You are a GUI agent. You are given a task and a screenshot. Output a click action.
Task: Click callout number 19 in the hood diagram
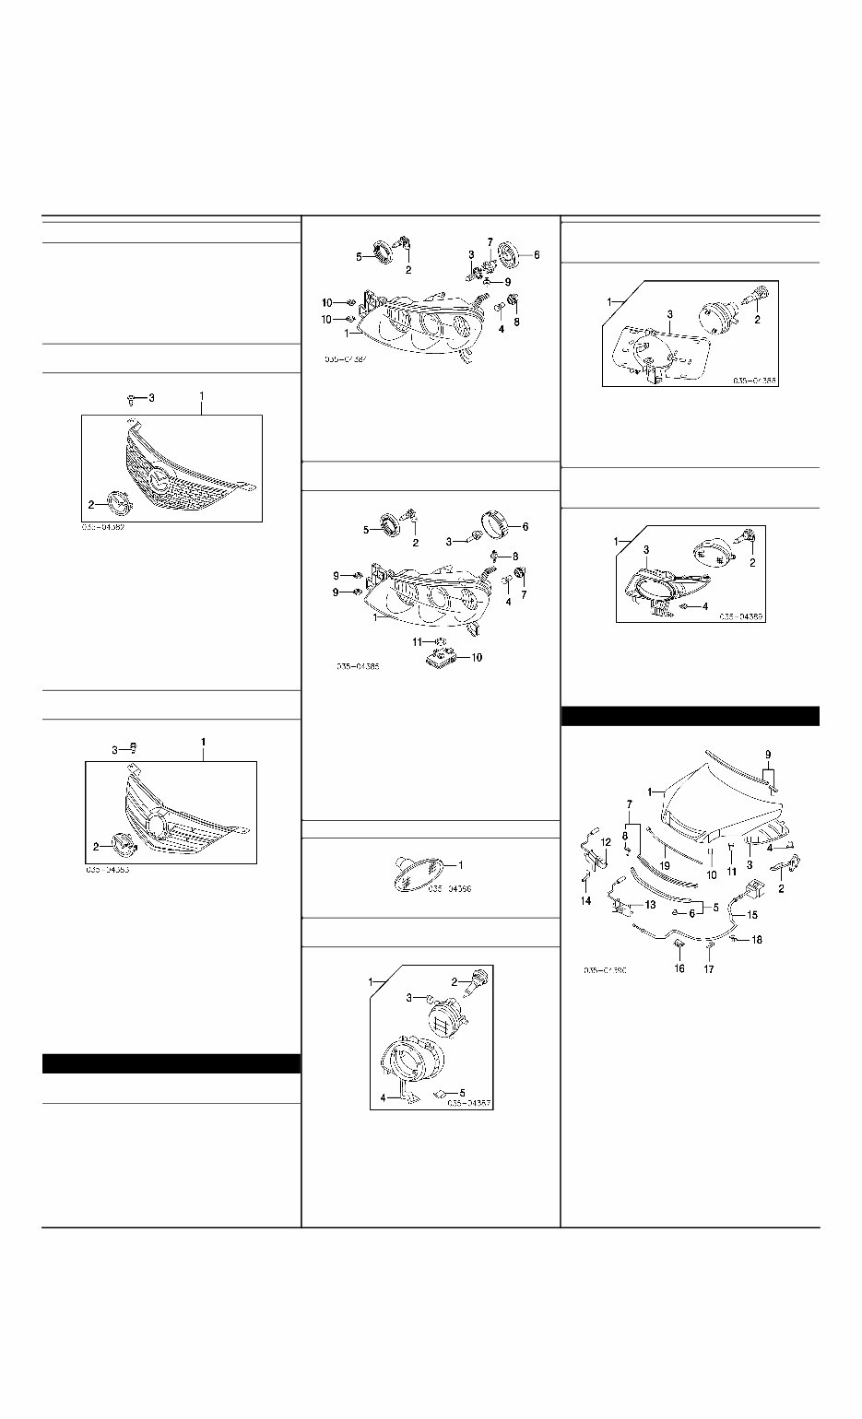pyautogui.click(x=665, y=868)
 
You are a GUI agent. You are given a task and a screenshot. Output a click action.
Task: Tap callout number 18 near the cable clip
pyautogui.click(x=758, y=941)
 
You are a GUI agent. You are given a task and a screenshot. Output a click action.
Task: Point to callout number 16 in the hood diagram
pyautogui.click(x=679, y=969)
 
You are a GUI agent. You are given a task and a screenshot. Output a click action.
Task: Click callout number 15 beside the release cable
pyautogui.click(x=753, y=916)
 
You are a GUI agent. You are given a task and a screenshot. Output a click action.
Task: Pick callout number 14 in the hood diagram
pyautogui.click(x=586, y=901)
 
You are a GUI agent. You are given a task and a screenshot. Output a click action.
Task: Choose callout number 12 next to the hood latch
pyautogui.click(x=606, y=842)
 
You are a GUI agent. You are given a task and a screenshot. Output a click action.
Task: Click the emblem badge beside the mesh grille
pyautogui.click(x=119, y=503)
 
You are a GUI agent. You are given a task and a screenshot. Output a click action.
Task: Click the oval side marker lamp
pyautogui.click(x=416, y=874)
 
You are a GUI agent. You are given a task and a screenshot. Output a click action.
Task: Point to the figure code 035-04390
pyautogui.click(x=605, y=970)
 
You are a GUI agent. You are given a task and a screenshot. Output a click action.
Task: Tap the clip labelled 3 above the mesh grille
pyautogui.click(x=132, y=399)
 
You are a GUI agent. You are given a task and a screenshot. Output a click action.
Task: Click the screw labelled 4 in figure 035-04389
pyautogui.click(x=683, y=607)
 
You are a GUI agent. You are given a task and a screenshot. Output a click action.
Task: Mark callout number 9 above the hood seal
pyautogui.click(x=768, y=755)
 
